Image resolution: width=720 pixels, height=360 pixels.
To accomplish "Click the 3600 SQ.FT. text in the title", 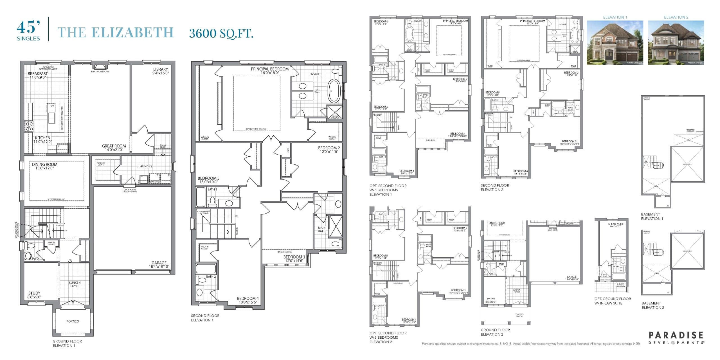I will (221, 33).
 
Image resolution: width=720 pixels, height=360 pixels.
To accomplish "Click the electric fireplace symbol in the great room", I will (100, 67).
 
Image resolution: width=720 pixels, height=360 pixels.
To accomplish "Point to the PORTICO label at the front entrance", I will (73, 321).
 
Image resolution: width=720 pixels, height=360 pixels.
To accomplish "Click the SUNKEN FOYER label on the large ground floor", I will (75, 284).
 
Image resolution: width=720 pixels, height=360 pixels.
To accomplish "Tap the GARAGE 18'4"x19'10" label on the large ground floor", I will (159, 264).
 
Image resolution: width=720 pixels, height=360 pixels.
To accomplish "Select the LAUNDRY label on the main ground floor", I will (145, 166).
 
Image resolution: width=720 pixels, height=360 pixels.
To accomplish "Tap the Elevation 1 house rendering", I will (615, 42).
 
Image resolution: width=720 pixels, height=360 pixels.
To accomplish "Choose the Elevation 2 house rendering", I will (676, 42).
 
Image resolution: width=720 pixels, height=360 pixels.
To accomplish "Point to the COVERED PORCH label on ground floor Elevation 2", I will (519, 315).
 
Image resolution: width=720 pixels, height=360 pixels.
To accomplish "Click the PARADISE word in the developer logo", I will (676, 335).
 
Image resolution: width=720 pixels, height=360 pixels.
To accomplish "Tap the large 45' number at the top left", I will (28, 28).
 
